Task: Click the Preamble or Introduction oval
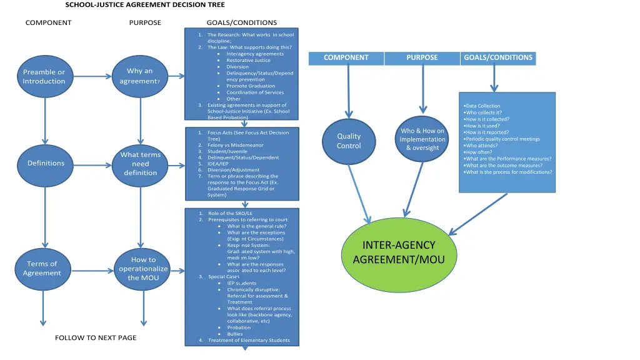pos(44,76)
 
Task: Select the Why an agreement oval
pos(140,76)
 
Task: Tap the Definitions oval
pos(46,164)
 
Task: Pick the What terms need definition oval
pos(141,164)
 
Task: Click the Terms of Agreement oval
pos(42,268)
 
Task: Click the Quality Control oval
pos(349,141)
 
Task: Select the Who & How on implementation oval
pos(422,139)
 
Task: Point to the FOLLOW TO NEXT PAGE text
pos(96,338)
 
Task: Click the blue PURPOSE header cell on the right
pos(422,58)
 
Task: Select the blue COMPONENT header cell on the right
pos(346,58)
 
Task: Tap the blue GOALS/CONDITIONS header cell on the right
pos(498,58)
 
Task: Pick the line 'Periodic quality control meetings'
pos(503,139)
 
